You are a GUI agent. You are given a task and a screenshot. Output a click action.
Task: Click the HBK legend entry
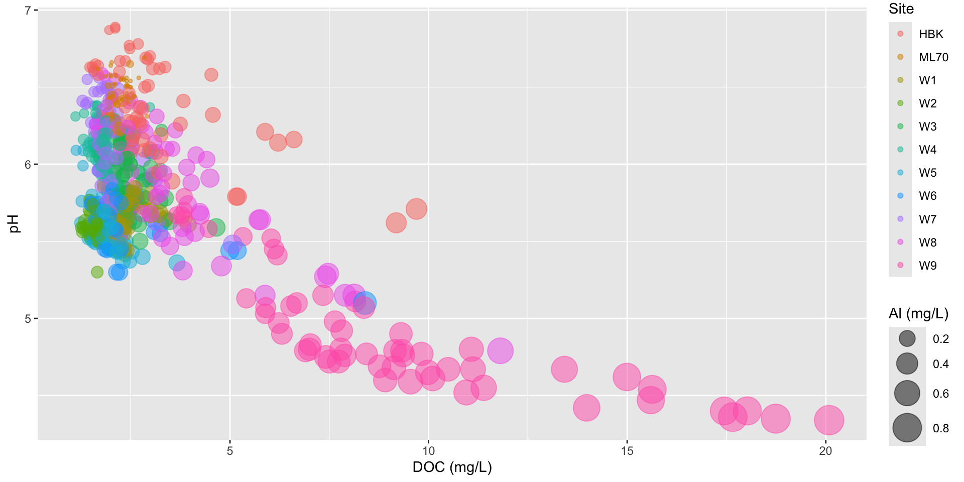pos(930,34)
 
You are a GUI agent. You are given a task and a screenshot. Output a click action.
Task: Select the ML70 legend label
pos(933,57)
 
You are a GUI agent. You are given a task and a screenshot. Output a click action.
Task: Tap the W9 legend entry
pos(927,266)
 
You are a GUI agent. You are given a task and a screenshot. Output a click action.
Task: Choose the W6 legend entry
pos(927,196)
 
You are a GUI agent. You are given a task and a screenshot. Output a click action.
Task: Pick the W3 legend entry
pos(927,127)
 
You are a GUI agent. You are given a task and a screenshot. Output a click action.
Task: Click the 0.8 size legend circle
pos(907,428)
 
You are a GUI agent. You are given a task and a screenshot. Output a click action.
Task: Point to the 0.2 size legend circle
pos(907,339)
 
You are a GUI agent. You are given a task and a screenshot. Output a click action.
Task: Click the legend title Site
pos(901,9)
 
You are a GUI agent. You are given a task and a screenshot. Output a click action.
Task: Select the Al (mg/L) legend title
pos(918,314)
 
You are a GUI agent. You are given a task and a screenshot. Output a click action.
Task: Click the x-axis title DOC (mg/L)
pos(452,467)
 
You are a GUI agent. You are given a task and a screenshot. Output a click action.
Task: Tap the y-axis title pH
pos(14,224)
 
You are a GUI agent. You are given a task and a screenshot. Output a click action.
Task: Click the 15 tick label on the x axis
pos(627,451)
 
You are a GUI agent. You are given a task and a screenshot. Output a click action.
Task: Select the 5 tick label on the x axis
pos(230,451)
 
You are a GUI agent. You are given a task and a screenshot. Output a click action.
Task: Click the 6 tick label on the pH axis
pos(28,165)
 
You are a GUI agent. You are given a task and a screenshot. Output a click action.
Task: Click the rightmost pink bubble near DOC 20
pos(828,420)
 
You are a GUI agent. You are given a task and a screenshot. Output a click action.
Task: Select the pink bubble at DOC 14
pos(586,407)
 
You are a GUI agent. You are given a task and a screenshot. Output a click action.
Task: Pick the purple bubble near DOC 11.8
pos(500,350)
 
